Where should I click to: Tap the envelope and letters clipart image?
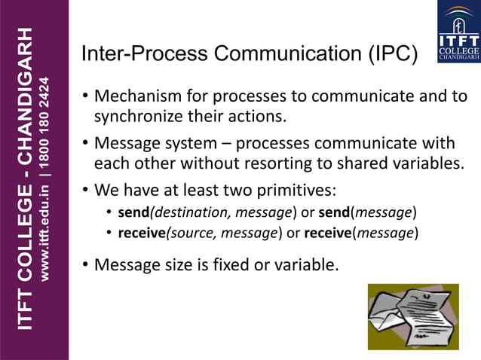pyautogui.click(x=412, y=316)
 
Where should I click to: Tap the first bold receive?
pyautogui.click(x=141, y=233)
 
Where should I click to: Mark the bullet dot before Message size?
pyautogui.click(x=86, y=264)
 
